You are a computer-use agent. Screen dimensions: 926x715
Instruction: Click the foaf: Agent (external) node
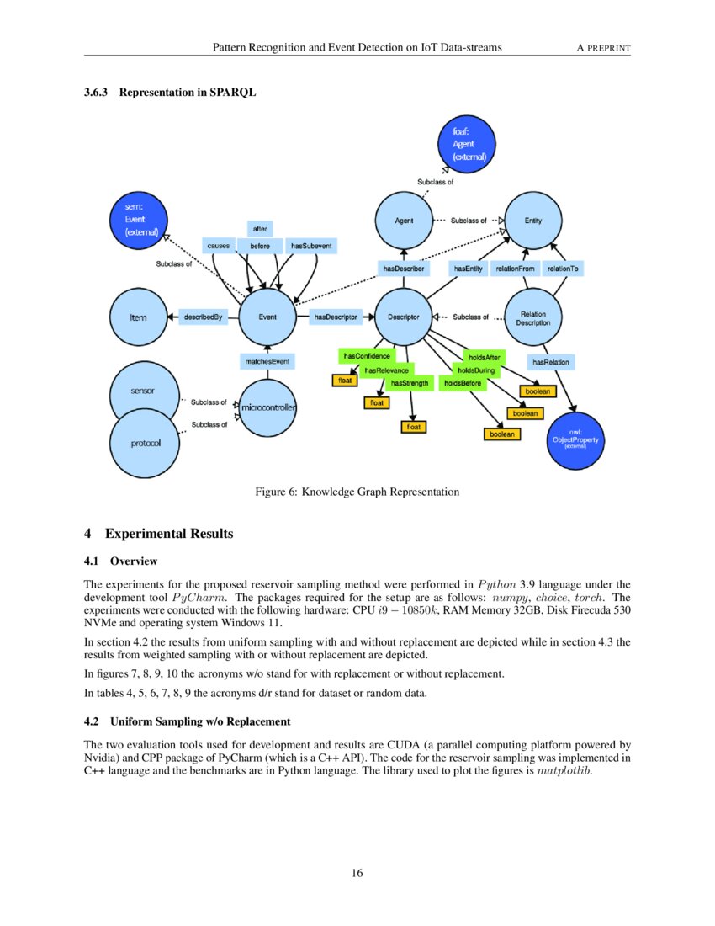[x=469, y=144]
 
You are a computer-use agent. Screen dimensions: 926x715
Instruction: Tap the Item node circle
[x=139, y=317]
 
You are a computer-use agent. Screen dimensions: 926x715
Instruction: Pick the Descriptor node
[x=403, y=317]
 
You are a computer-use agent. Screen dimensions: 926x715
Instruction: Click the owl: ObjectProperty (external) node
[x=575, y=440]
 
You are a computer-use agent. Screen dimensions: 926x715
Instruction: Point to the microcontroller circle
[x=267, y=407]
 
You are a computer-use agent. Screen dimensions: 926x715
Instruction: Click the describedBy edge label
[x=203, y=317]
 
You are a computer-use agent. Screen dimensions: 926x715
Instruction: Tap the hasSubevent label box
[x=311, y=246]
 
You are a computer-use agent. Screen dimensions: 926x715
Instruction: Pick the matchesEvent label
[x=267, y=361]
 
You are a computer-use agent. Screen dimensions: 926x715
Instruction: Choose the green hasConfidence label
[x=367, y=357]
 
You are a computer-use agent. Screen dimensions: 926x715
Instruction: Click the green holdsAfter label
[x=485, y=358]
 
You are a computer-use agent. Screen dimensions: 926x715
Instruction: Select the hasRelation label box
[x=551, y=362]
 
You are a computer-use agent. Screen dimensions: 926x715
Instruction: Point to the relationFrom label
[x=515, y=269]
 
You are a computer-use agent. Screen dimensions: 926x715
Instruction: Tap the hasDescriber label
[x=403, y=269]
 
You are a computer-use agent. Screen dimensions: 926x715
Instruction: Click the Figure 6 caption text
[x=357, y=492]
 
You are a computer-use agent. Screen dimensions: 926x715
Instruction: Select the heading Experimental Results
[x=168, y=534]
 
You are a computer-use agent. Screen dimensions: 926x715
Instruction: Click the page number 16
[x=357, y=873]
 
